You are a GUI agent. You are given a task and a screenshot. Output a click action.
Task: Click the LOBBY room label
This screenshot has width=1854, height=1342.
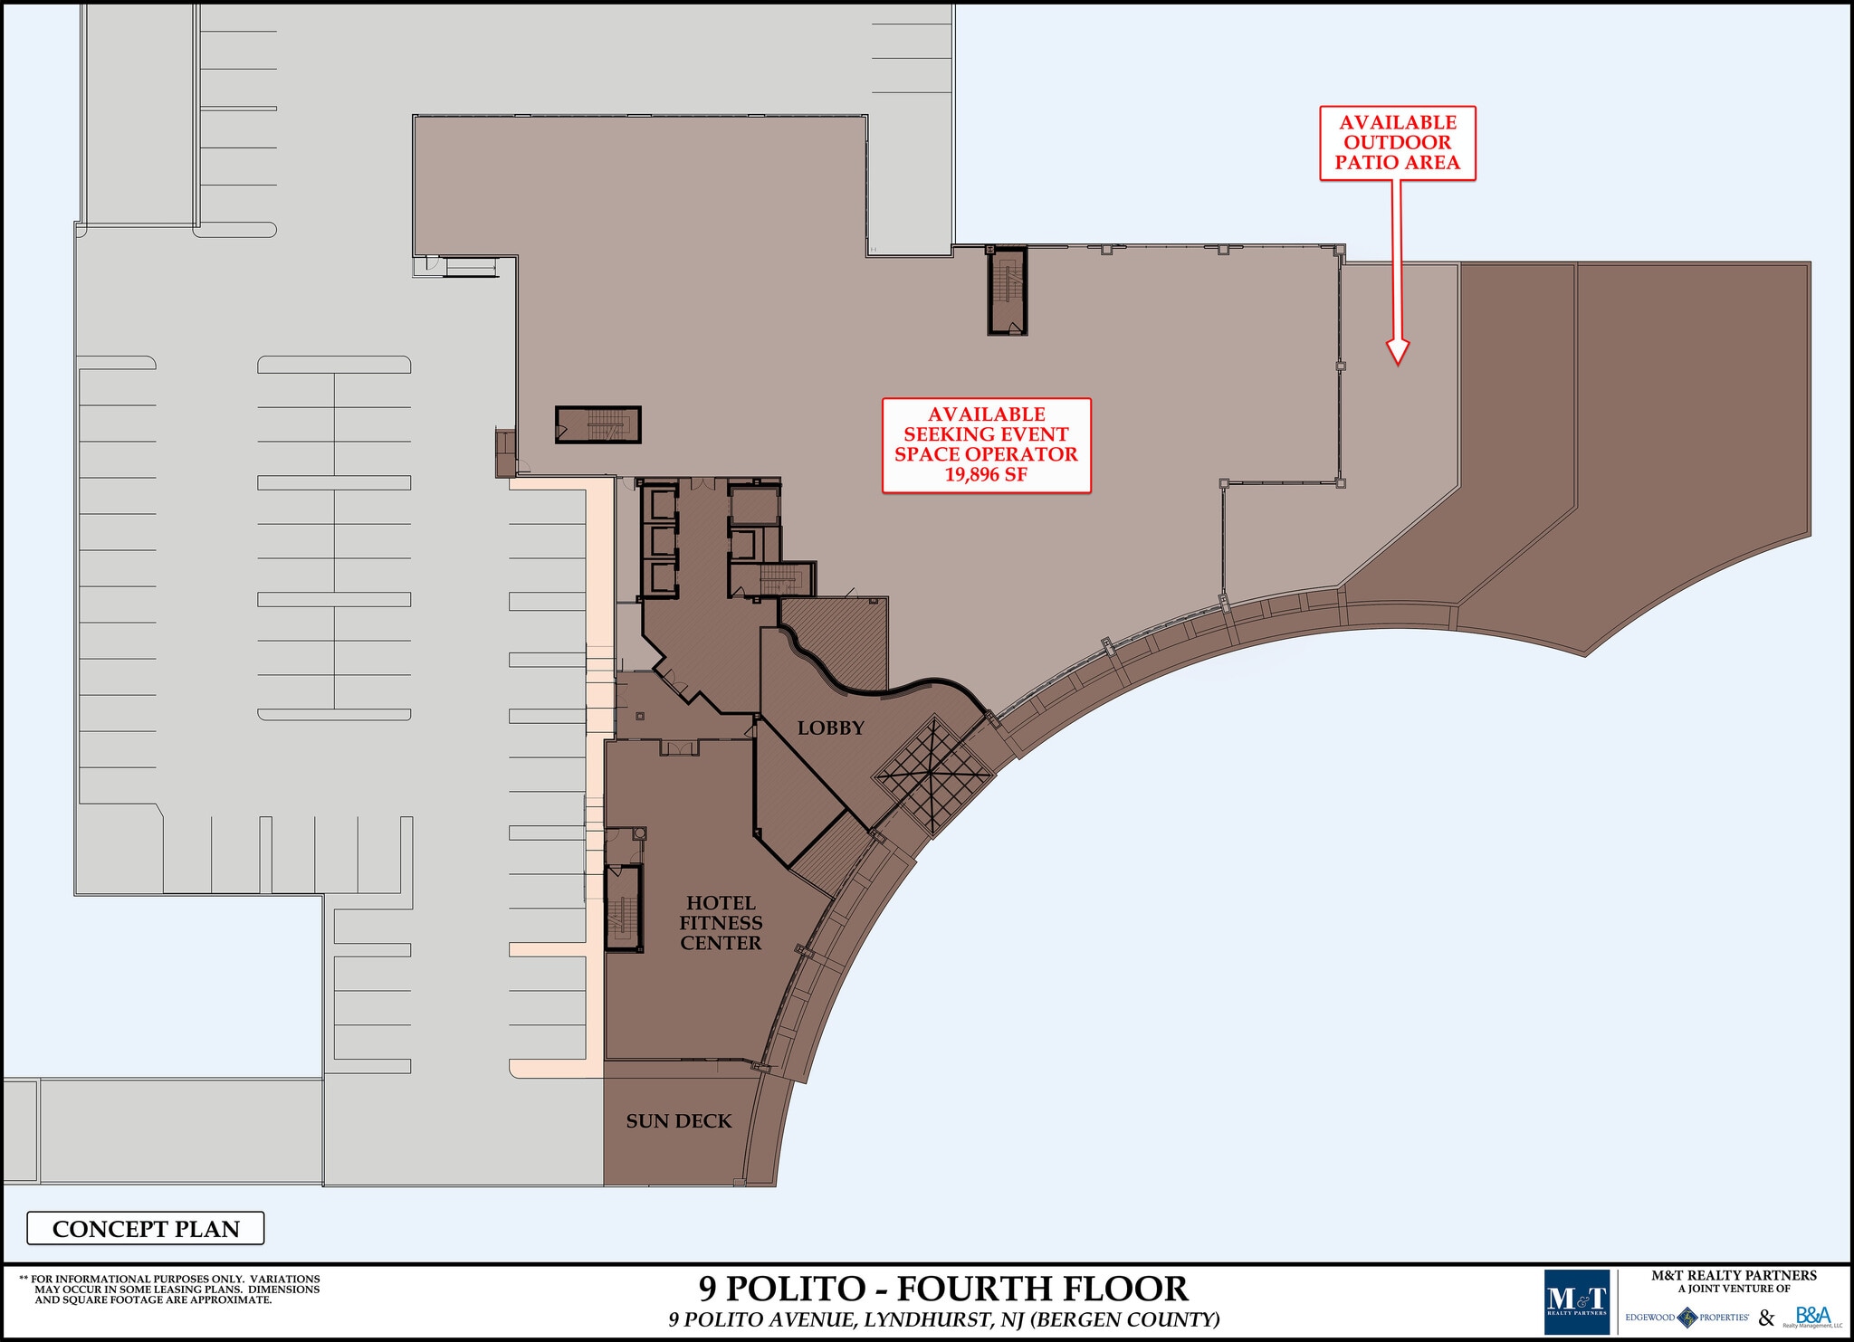[830, 728]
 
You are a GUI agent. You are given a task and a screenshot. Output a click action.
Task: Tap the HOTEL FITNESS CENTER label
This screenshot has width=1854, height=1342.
[721, 922]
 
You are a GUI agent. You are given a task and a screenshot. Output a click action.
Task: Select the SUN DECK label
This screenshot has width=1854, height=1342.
[678, 1121]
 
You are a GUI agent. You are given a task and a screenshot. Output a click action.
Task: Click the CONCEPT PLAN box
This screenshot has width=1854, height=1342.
[146, 1228]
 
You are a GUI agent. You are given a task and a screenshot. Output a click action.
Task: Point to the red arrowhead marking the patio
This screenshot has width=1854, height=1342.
[1398, 352]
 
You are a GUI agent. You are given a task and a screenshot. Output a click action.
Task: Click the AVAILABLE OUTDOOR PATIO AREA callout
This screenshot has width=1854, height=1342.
[1397, 143]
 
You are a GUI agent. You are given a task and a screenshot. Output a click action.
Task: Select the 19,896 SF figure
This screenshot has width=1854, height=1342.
[986, 475]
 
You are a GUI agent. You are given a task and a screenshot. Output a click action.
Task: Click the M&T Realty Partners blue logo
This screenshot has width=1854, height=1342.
[1577, 1302]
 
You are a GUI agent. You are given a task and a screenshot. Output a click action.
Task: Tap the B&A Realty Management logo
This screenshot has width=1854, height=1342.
[1812, 1317]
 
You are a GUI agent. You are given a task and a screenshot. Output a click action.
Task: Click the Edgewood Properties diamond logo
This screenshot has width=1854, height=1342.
[1687, 1318]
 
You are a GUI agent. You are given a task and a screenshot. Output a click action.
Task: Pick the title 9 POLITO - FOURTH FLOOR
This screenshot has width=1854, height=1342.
[942, 1288]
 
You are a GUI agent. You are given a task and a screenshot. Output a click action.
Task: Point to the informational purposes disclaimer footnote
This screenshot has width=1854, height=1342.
[169, 1290]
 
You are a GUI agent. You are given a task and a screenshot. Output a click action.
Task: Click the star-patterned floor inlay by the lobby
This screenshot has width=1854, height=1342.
[932, 775]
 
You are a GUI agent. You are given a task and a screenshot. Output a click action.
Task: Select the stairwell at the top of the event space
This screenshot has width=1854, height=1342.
[1007, 290]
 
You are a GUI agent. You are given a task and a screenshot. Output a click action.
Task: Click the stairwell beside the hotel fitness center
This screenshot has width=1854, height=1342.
[623, 908]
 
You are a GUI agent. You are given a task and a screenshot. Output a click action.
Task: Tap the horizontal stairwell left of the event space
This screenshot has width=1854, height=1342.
[597, 424]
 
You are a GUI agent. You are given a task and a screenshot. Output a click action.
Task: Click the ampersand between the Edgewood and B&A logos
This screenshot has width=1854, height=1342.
[1766, 1318]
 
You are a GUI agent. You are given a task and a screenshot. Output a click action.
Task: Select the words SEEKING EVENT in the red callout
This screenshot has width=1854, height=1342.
[985, 434]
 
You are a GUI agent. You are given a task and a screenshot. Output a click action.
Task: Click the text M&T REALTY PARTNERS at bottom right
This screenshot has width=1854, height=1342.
[1733, 1275]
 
